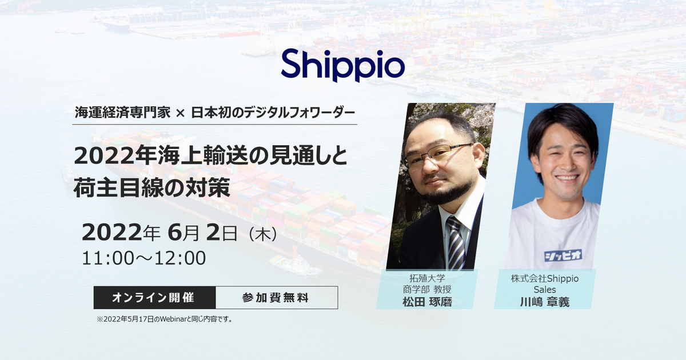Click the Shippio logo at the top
pyautogui.click(x=342, y=66)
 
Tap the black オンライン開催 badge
pyautogui.click(x=155, y=298)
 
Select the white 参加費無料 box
pyautogui.click(x=277, y=298)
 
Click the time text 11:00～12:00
pyautogui.click(x=144, y=258)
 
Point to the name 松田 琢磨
pyautogui.click(x=427, y=302)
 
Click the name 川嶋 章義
pyautogui.click(x=544, y=302)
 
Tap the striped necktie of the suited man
pyautogui.click(x=456, y=243)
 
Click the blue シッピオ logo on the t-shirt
pyautogui.click(x=563, y=255)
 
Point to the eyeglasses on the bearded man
pyautogui.click(x=438, y=155)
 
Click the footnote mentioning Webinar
pyautogui.click(x=165, y=319)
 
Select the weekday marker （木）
pyautogui.click(x=263, y=235)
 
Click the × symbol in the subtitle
pyautogui.click(x=181, y=114)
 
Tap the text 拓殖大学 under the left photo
pyautogui.click(x=427, y=278)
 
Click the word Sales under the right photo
pyautogui.click(x=544, y=290)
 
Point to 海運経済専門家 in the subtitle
pyautogui.click(x=122, y=113)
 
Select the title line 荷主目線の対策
pyautogui.click(x=151, y=188)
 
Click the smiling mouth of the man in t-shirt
pyautogui.click(x=567, y=178)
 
